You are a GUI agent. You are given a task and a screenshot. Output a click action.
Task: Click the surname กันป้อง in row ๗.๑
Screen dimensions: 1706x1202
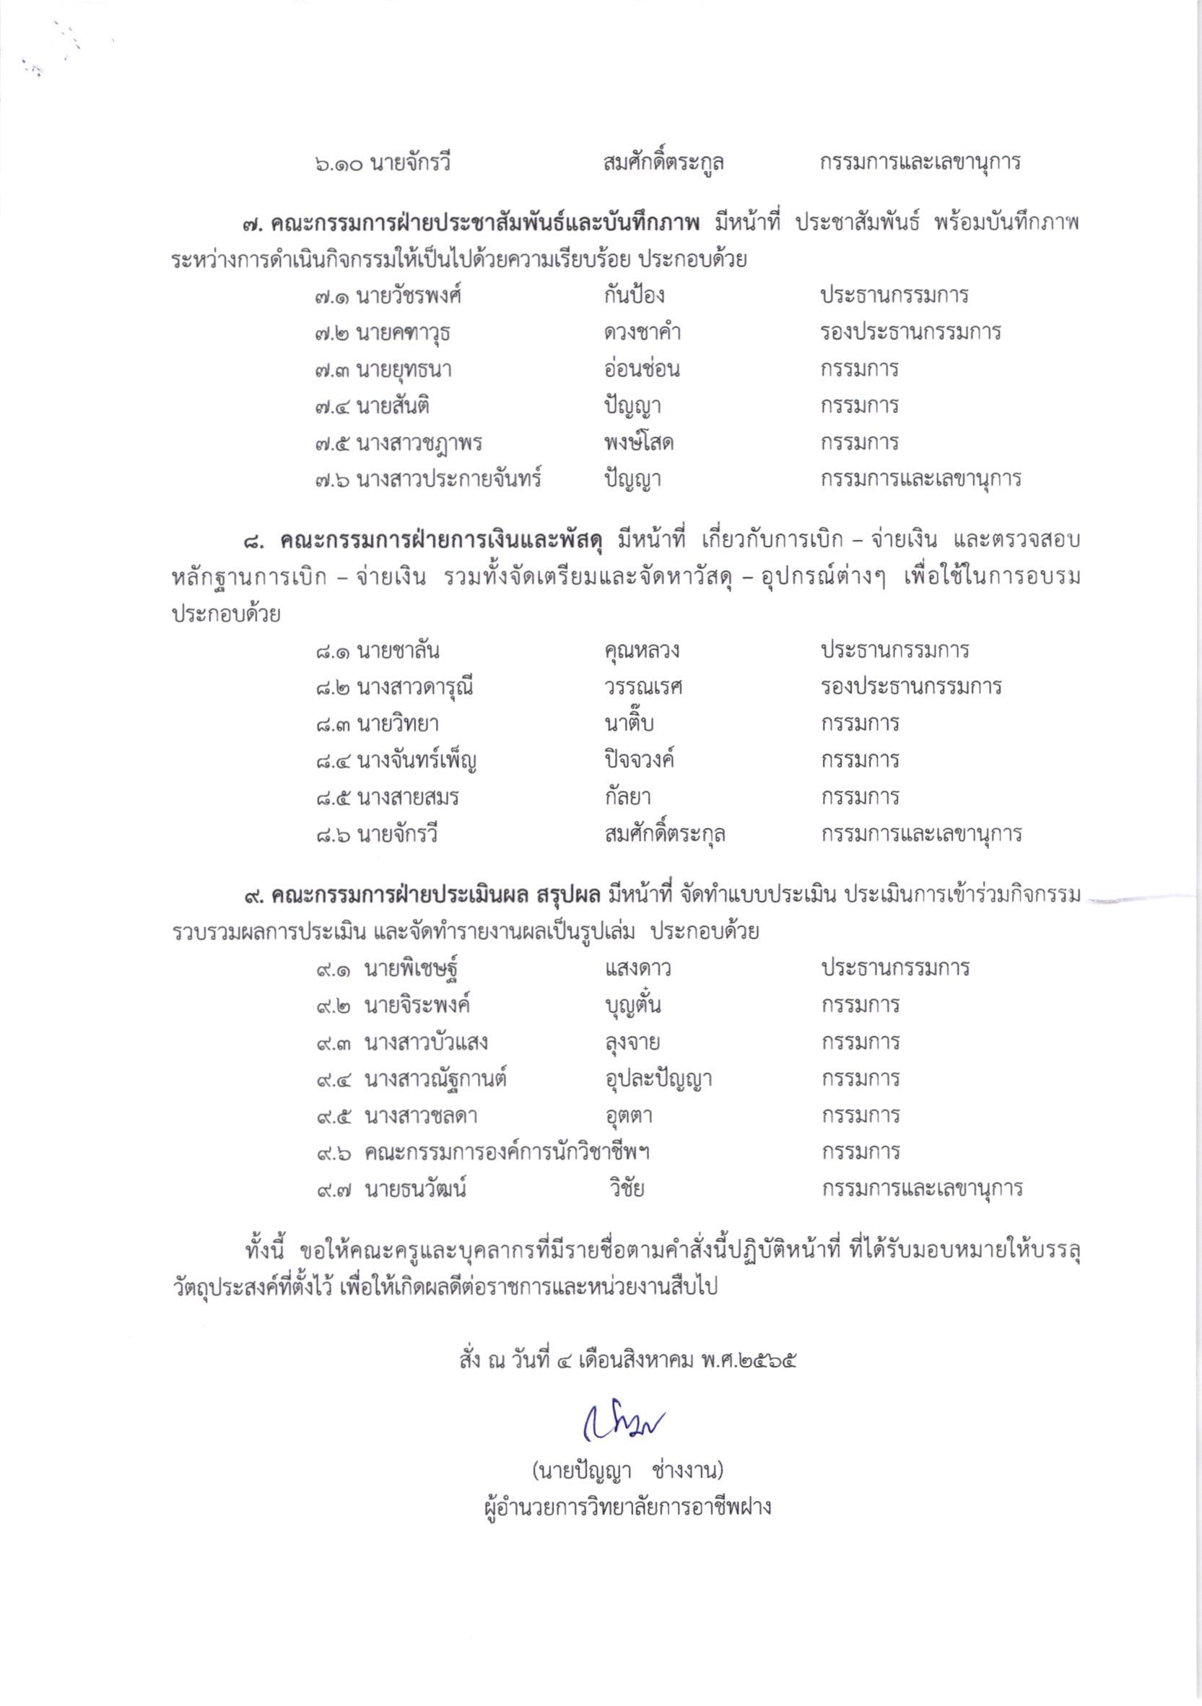pyautogui.click(x=634, y=296)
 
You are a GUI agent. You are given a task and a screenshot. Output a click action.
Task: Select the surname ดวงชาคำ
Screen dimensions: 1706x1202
pyautogui.click(x=642, y=332)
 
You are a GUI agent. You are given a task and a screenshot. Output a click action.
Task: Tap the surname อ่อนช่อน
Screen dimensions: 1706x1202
pyautogui.click(x=641, y=370)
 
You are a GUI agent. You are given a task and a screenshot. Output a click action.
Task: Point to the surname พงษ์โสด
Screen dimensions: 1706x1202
pyautogui.click(x=638, y=443)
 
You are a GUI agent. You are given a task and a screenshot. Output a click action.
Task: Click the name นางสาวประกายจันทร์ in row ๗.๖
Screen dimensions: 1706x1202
pyautogui.click(x=449, y=479)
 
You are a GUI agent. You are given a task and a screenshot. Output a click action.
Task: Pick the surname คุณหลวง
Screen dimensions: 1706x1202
pyautogui.click(x=642, y=651)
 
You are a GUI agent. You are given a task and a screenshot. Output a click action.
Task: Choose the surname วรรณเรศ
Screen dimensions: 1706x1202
pyautogui.click(x=643, y=687)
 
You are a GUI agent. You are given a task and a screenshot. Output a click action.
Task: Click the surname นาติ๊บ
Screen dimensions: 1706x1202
pyautogui.click(x=629, y=723)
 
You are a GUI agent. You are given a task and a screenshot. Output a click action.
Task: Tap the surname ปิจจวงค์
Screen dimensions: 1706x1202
pyautogui.click(x=639, y=760)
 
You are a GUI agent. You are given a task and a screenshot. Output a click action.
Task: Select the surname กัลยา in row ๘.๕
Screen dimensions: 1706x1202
pyautogui.click(x=628, y=797)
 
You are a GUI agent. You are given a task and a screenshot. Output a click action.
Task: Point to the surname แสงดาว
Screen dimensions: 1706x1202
pyautogui.click(x=638, y=968)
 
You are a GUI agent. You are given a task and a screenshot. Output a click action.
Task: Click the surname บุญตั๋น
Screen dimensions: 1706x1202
pyautogui.click(x=633, y=1005)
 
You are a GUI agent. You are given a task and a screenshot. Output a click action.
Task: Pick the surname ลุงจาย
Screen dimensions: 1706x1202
pyautogui.click(x=632, y=1043)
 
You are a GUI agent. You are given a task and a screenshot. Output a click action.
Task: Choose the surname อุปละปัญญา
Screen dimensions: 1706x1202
pyautogui.click(x=658, y=1079)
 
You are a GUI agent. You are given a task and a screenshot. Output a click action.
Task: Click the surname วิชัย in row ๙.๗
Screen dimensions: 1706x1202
pyautogui.click(x=627, y=1189)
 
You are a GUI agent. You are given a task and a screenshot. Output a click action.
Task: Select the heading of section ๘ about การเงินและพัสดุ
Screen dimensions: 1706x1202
pyautogui.click(x=441, y=540)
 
